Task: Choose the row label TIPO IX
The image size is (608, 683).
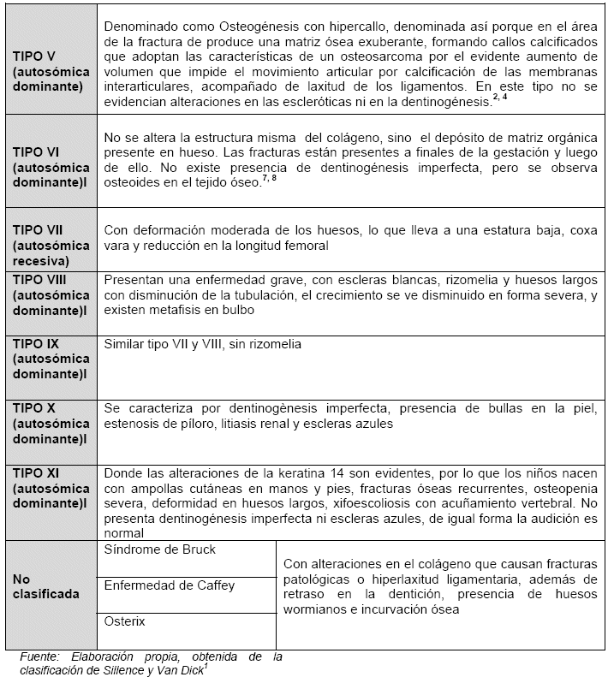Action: point(36,343)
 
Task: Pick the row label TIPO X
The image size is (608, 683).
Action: point(34,407)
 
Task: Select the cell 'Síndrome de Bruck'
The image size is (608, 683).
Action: point(159,549)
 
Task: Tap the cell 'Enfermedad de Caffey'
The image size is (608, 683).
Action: point(169,585)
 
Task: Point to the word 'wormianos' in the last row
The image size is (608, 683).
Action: point(313,610)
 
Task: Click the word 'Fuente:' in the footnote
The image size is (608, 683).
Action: point(41,656)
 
